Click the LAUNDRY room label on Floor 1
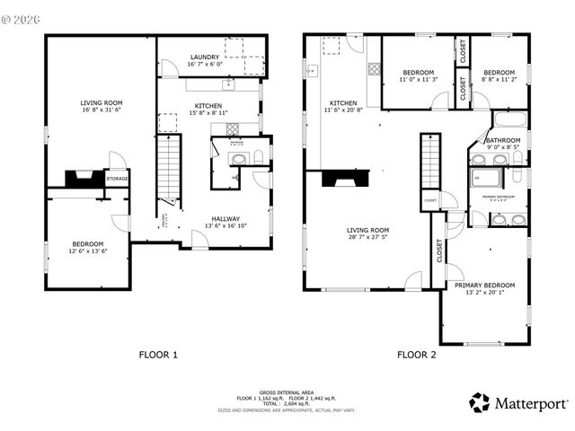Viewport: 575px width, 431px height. click(203, 60)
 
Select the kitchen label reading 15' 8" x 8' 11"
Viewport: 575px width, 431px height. click(208, 110)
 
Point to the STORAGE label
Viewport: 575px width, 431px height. click(117, 179)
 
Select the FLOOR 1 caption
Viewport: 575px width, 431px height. click(158, 354)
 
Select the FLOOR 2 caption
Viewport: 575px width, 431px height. click(416, 354)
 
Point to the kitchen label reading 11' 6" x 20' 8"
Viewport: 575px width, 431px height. click(344, 107)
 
